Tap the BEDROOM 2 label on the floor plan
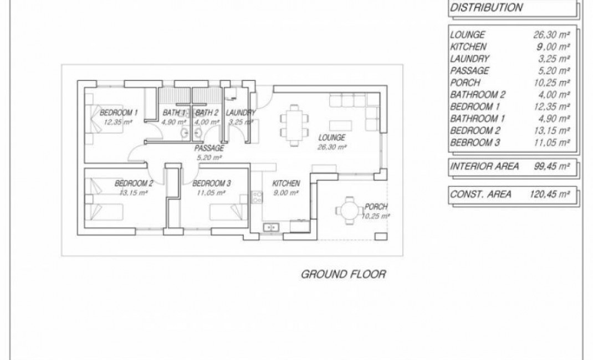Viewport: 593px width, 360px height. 134,183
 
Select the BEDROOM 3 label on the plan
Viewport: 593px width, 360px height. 212,183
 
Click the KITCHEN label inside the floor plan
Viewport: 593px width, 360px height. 286,183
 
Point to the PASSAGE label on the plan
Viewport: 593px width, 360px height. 209,148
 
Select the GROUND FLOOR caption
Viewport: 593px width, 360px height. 342,274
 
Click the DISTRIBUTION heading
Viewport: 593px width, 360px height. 486,8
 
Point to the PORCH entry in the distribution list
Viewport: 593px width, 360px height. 464,83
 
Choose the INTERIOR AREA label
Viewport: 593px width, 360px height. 484,166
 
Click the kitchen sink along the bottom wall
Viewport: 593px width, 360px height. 271,227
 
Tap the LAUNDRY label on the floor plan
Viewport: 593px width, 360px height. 241,113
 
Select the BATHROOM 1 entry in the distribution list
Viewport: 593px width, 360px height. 478,119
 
